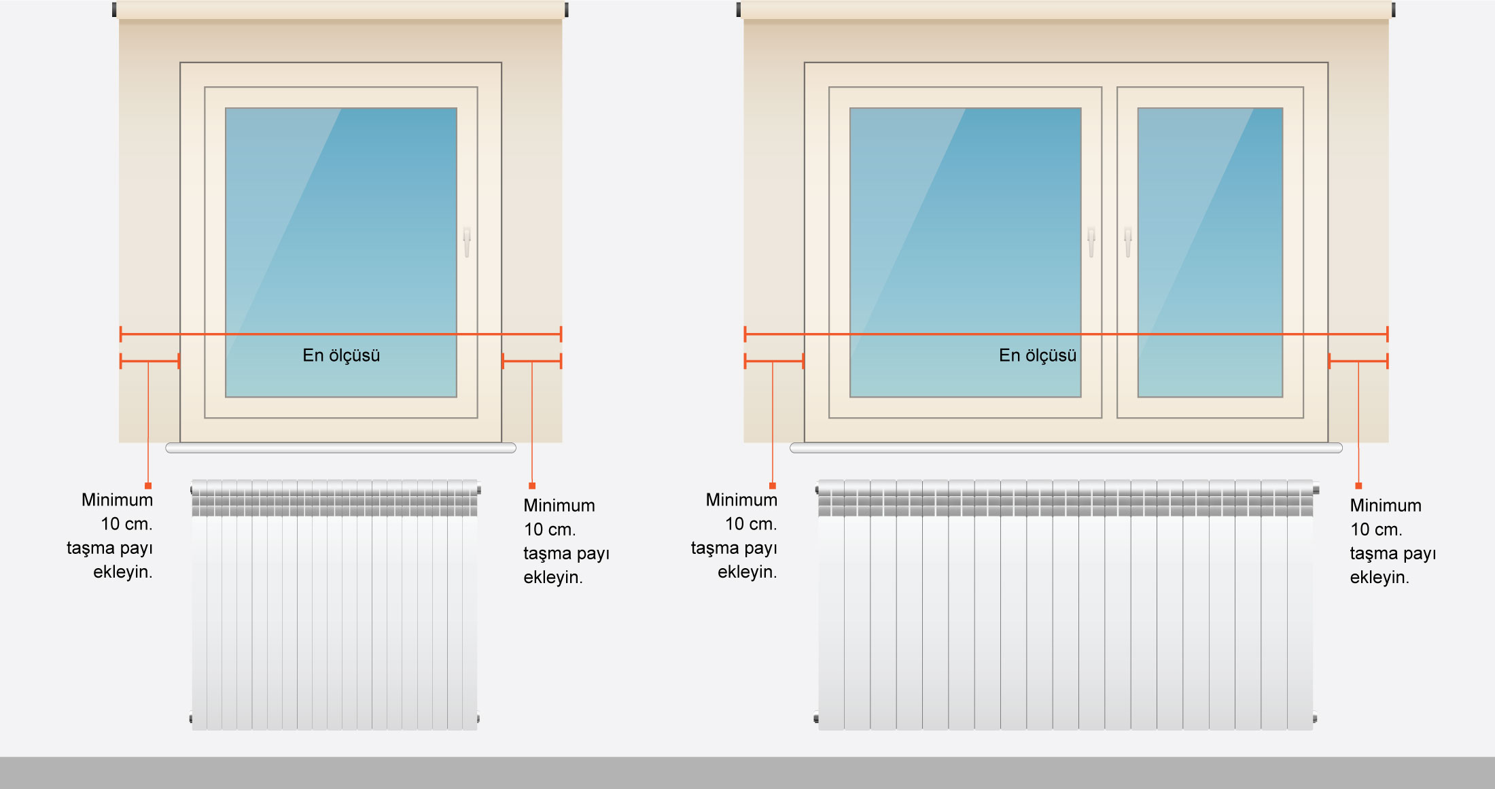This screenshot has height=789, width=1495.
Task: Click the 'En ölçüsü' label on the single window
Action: pos(341,355)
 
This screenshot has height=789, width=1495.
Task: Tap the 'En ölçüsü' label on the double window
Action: pos(1038,355)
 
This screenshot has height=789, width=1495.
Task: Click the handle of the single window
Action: pos(467,242)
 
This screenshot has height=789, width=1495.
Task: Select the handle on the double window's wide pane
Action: pos(1091,242)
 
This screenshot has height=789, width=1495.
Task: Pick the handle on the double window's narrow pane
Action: pos(1128,242)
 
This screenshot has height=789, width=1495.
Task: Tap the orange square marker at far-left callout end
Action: pos(148,486)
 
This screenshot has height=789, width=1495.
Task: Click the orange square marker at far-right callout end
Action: pos(1358,486)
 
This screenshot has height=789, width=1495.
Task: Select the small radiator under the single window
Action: pos(335,605)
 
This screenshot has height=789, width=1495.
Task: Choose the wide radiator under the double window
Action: pos(1066,605)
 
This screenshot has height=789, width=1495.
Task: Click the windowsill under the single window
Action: pos(341,448)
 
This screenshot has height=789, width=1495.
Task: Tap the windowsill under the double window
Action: pos(1066,448)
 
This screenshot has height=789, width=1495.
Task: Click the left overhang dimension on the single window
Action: pos(149,361)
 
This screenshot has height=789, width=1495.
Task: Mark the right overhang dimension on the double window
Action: pos(1358,361)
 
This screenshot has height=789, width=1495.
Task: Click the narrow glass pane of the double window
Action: pos(1210,252)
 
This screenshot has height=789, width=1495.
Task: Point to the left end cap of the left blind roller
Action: pos(114,10)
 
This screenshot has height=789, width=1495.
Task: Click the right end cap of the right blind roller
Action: pos(1393,10)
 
